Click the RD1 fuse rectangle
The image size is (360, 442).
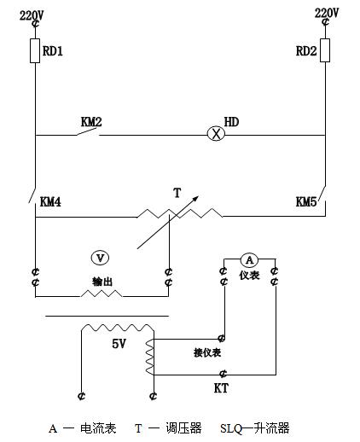pos(35,50)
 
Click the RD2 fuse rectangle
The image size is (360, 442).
pos(325,50)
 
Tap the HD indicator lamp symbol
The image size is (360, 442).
pos(216,134)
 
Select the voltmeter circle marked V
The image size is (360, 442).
pos(100,258)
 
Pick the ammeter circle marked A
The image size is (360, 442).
pos(249,259)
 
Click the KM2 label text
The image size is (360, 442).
pos(91,122)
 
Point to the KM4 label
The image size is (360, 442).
pos(50,201)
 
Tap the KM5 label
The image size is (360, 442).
pos(306,201)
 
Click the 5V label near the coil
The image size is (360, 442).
pos(119,344)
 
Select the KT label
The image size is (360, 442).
pos(221,388)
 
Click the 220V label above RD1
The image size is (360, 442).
pos(32,15)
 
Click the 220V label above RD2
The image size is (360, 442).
pos(327,13)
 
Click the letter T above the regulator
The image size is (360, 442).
pos(177,193)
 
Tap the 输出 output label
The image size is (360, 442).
pos(102,282)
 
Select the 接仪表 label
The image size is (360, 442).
pos(207,352)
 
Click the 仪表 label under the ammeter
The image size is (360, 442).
pos(249,275)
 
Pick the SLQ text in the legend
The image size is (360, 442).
pos(231,428)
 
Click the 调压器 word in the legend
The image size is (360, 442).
pos(183,428)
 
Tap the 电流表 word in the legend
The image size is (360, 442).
pos(98,428)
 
